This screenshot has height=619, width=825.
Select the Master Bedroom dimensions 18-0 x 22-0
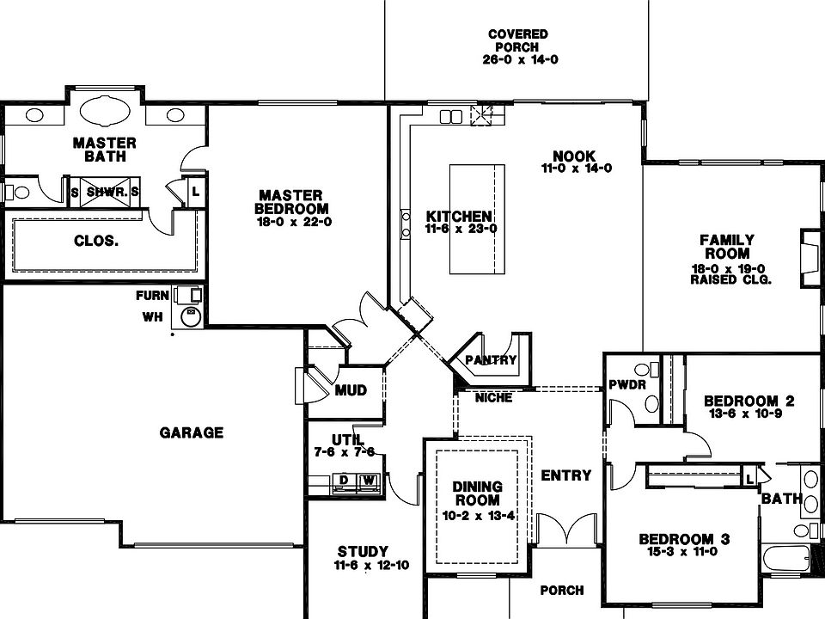pyautogui.click(x=294, y=222)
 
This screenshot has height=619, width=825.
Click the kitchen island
pyautogui.click(x=476, y=218)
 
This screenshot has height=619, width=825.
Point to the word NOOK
pyautogui.click(x=574, y=156)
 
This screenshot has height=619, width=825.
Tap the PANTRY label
pyautogui.click(x=491, y=360)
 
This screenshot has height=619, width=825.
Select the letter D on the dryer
pyautogui.click(x=344, y=479)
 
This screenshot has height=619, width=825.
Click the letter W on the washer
pyautogui.click(x=368, y=479)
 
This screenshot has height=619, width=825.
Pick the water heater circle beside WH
pyautogui.click(x=190, y=318)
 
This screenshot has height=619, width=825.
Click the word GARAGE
pyautogui.click(x=191, y=432)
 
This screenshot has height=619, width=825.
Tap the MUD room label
pyautogui.click(x=351, y=390)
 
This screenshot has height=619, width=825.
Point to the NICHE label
pyautogui.click(x=493, y=398)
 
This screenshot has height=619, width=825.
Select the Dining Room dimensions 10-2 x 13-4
pyautogui.click(x=478, y=516)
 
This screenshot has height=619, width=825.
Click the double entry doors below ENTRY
pyautogui.click(x=566, y=530)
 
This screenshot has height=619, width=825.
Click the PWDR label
pyautogui.click(x=626, y=384)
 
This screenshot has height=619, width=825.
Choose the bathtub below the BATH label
pyautogui.click(x=785, y=560)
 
